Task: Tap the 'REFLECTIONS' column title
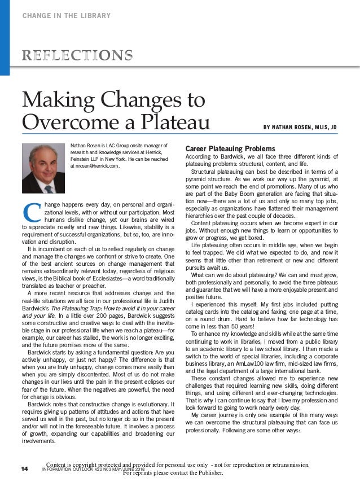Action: [x=77, y=55]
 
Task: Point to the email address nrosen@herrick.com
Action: [x=95, y=166]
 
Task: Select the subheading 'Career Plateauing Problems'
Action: [x=222, y=148]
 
